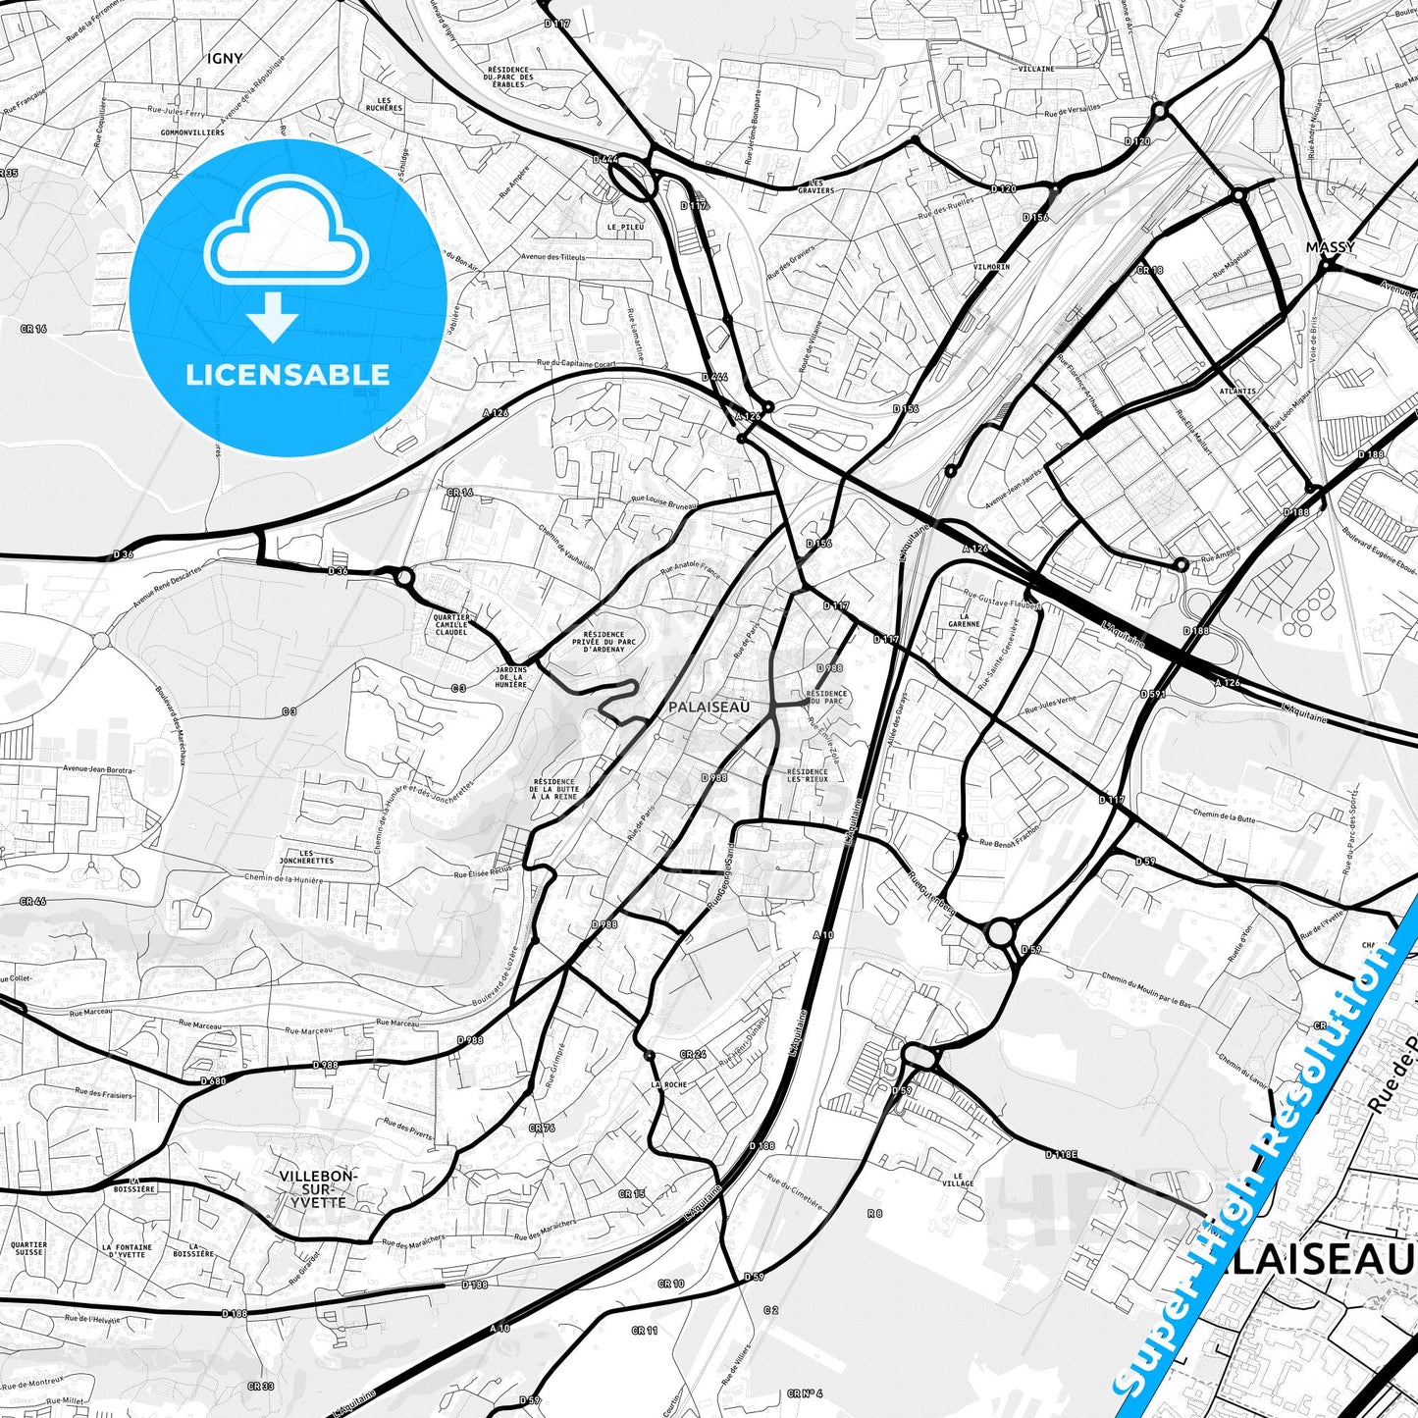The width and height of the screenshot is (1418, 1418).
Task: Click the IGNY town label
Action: click(225, 59)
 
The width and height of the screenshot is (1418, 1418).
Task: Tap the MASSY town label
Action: click(1331, 247)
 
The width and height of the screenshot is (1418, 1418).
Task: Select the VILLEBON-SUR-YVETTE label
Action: click(319, 1188)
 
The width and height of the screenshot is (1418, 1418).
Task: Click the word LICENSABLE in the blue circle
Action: click(287, 374)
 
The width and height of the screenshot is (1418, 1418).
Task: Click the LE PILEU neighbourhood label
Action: click(624, 227)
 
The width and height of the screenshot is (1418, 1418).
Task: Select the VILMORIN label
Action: click(992, 267)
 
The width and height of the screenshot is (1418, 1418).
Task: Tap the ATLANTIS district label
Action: click(1237, 391)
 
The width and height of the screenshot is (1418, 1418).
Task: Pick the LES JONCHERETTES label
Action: click(306, 856)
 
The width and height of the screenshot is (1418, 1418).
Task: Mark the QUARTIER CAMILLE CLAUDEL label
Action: click(450, 624)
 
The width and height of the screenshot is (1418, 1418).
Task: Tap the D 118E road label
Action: click(1061, 1154)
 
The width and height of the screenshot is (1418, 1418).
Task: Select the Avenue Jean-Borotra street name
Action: click(98, 769)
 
